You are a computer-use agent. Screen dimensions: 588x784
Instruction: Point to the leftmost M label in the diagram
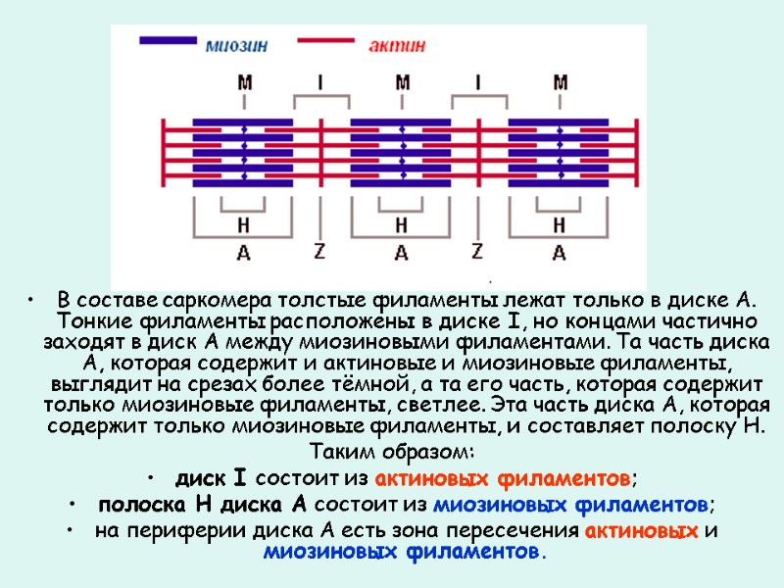(244, 83)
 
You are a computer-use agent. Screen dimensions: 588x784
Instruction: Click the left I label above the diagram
(319, 83)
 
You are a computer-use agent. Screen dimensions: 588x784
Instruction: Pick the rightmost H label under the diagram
(559, 225)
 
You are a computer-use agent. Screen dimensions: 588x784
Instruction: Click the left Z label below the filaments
(319, 250)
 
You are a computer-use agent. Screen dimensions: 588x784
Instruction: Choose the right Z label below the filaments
(477, 250)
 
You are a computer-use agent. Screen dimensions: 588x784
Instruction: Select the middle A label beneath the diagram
(401, 253)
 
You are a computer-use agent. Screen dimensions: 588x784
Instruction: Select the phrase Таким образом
(391, 453)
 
